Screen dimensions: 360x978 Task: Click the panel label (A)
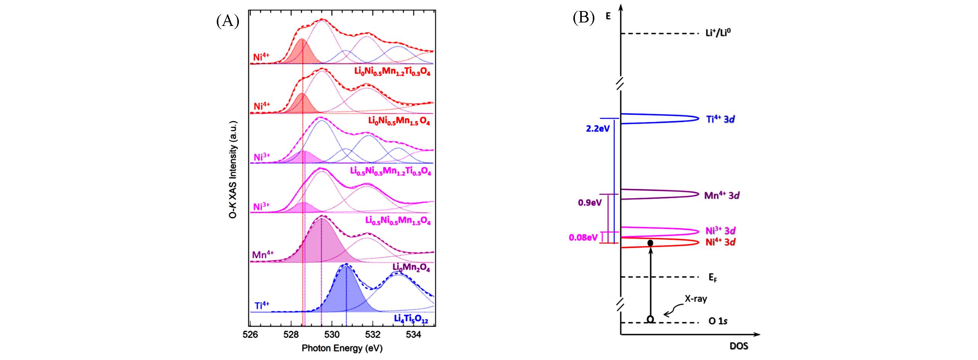click(227, 21)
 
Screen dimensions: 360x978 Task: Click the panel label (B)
click(584, 18)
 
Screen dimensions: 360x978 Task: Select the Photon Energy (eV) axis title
click(342, 348)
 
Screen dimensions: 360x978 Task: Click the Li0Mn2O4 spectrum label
click(411, 268)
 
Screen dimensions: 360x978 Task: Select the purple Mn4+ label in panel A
click(263, 254)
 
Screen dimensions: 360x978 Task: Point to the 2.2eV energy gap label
click(598, 128)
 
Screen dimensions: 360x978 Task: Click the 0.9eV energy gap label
click(590, 202)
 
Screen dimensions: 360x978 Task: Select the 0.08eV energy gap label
click(583, 238)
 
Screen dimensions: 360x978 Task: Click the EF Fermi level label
click(713, 278)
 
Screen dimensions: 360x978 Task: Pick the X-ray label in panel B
click(696, 299)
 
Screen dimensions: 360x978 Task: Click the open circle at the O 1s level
click(650, 318)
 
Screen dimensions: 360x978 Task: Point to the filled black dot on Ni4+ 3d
click(650, 243)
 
